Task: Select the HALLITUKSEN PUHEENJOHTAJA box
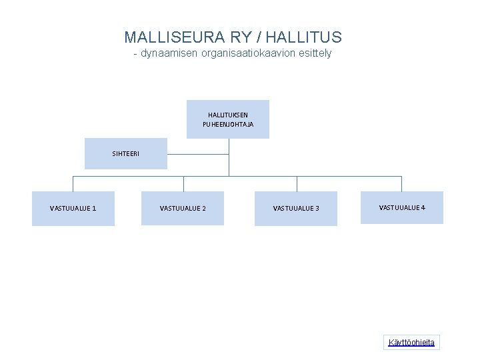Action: pos(228,119)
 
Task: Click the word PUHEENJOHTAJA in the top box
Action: pos(228,125)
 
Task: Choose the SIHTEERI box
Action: pos(126,153)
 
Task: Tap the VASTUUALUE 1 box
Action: pos(73,209)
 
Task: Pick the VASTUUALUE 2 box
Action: pos(183,209)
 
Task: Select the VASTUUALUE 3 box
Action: pos(296,209)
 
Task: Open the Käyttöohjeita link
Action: pos(411,343)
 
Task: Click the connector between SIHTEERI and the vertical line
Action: pos(198,153)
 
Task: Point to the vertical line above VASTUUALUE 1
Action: pos(73,184)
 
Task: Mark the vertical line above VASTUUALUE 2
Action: pos(184,184)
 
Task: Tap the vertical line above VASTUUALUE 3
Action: pos(297,184)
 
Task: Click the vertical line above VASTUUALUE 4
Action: pos(401,184)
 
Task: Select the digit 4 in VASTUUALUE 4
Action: pos(423,207)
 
